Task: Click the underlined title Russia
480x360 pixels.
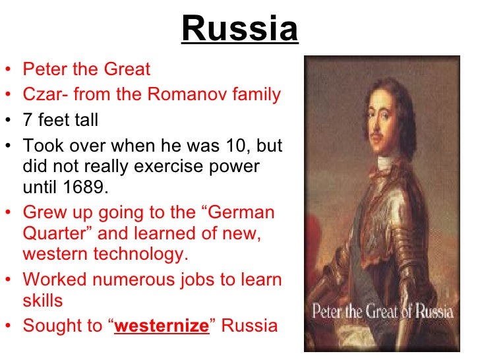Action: pyautogui.click(x=239, y=29)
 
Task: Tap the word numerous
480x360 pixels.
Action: pyautogui.click(x=121, y=279)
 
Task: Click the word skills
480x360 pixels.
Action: pyautogui.click(x=42, y=301)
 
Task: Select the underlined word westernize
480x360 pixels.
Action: pyautogui.click(x=162, y=326)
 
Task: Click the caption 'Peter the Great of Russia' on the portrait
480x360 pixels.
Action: pyautogui.click(x=382, y=311)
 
